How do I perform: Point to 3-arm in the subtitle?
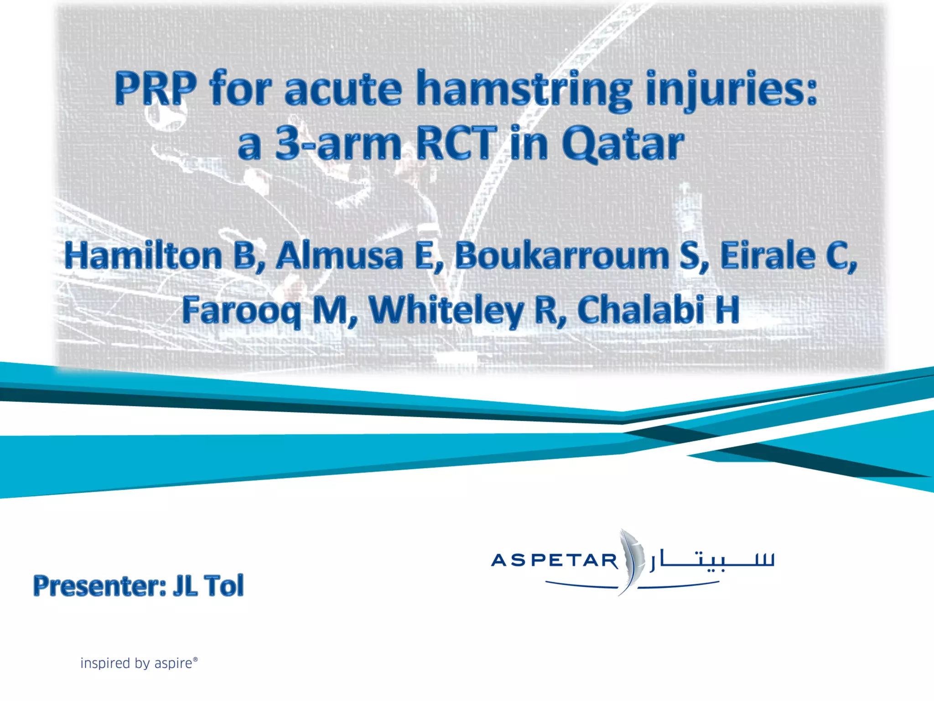(x=338, y=144)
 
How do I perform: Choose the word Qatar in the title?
(x=623, y=144)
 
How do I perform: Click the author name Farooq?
(x=241, y=310)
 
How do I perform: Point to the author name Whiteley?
(x=446, y=310)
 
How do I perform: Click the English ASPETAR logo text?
(x=554, y=560)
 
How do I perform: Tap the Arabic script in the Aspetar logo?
(x=712, y=561)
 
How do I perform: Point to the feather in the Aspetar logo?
(x=632, y=560)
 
